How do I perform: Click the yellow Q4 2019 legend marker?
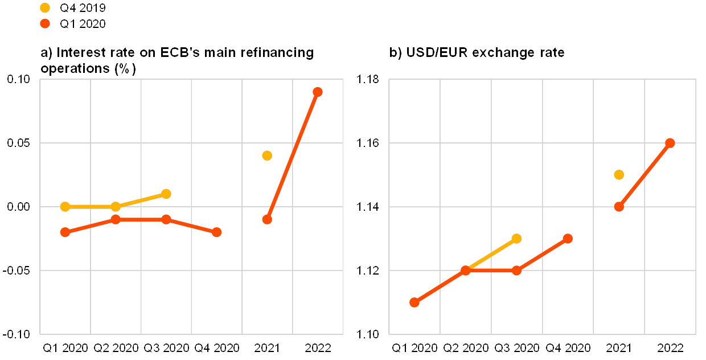coord(46,7)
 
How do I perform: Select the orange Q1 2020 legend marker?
coord(46,23)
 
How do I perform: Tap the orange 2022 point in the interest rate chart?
coord(318,92)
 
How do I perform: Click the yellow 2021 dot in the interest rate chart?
coord(267,156)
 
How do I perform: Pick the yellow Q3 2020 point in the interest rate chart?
coord(166,194)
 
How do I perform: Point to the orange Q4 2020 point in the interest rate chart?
coord(216,232)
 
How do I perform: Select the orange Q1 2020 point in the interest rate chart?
coord(65,232)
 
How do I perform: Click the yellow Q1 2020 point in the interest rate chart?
coord(65,206)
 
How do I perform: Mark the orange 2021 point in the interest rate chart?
coord(267,219)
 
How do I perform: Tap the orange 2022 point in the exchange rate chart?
coord(670,143)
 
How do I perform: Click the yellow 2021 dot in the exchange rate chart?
coord(619,174)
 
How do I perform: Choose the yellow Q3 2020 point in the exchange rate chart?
coord(516,238)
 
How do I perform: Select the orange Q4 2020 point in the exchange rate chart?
coord(568,238)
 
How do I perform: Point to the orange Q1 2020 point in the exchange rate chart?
coord(414,302)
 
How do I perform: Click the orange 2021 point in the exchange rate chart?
coord(619,206)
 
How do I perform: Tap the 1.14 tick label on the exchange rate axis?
coord(368,206)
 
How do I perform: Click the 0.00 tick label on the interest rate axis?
coord(18,206)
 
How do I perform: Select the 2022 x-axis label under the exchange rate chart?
coord(670,347)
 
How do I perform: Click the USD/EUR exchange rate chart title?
coord(478,53)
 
